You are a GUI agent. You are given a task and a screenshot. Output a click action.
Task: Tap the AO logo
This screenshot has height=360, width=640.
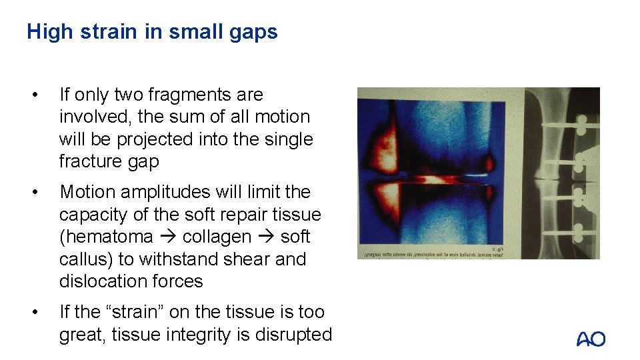pos(591,339)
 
